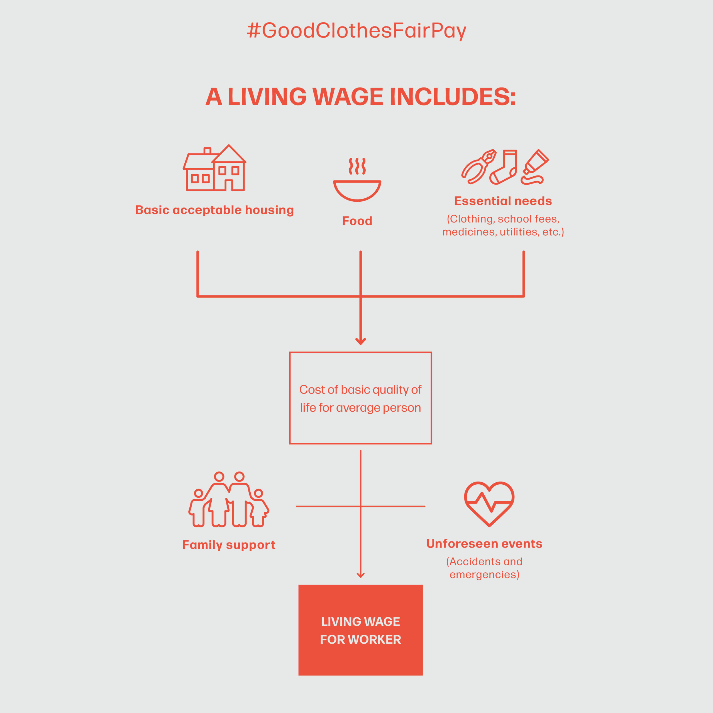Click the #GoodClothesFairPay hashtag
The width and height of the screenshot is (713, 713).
(x=356, y=31)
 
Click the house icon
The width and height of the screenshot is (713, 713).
(x=214, y=168)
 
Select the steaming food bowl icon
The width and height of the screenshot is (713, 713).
(x=357, y=179)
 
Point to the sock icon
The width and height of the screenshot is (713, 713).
(x=503, y=167)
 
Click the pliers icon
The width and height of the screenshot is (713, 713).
(x=479, y=167)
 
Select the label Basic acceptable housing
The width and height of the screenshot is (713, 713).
(x=214, y=210)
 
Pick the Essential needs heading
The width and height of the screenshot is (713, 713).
(x=503, y=201)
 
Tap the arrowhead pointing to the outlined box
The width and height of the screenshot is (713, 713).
(x=361, y=341)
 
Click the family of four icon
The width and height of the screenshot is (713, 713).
(x=229, y=499)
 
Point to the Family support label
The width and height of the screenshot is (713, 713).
(x=229, y=545)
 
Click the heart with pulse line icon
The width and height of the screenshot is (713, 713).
(x=489, y=503)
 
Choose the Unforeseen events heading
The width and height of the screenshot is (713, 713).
(x=484, y=544)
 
